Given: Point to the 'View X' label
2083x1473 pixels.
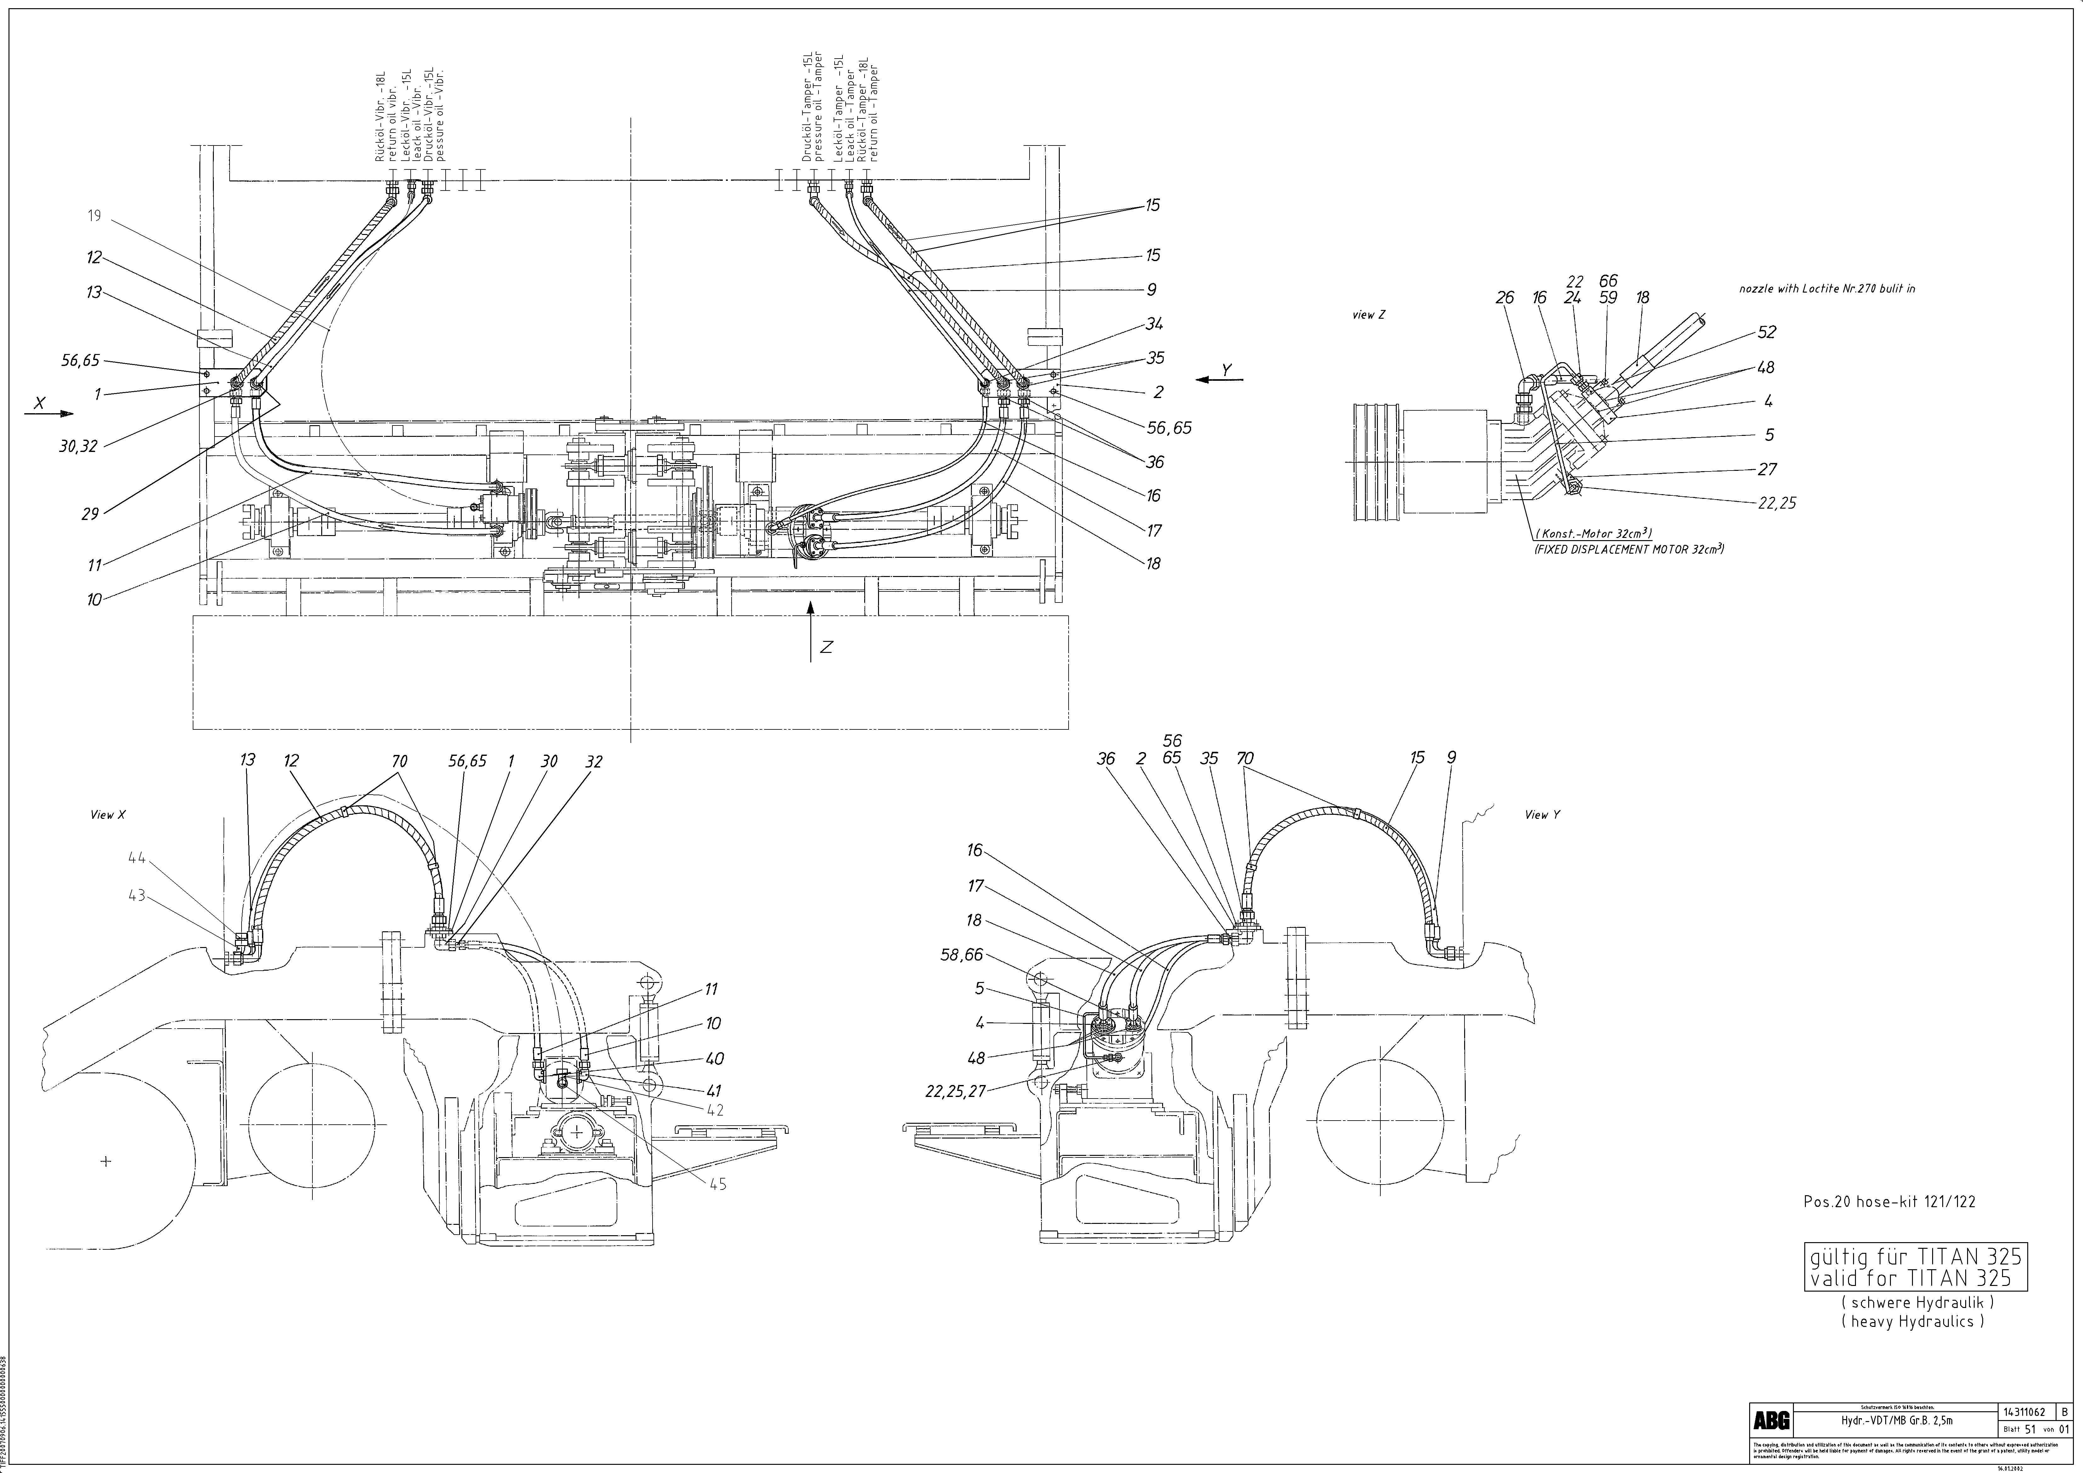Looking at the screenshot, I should tap(108, 814).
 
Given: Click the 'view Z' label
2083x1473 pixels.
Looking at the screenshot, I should tap(1369, 315).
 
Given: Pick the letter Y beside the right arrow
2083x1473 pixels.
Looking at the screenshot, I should tap(1227, 370).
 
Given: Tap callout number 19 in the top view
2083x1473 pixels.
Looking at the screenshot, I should tap(94, 216).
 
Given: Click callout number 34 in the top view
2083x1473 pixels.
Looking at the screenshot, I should tap(1154, 324).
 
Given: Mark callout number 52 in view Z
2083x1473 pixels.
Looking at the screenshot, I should tap(1766, 332).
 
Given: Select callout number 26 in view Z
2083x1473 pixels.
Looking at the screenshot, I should tap(1505, 298).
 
